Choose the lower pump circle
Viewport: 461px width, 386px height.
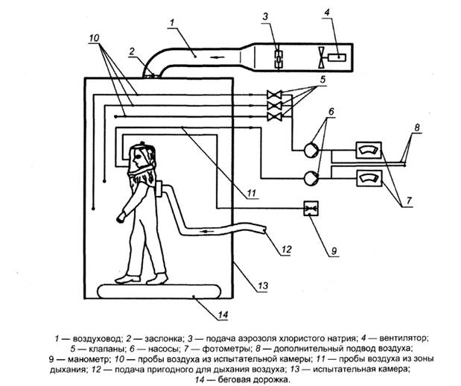pyautogui.click(x=311, y=178)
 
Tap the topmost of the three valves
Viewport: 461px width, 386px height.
pyautogui.click(x=274, y=95)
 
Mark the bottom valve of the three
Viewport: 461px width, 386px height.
pyautogui.click(x=274, y=117)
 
